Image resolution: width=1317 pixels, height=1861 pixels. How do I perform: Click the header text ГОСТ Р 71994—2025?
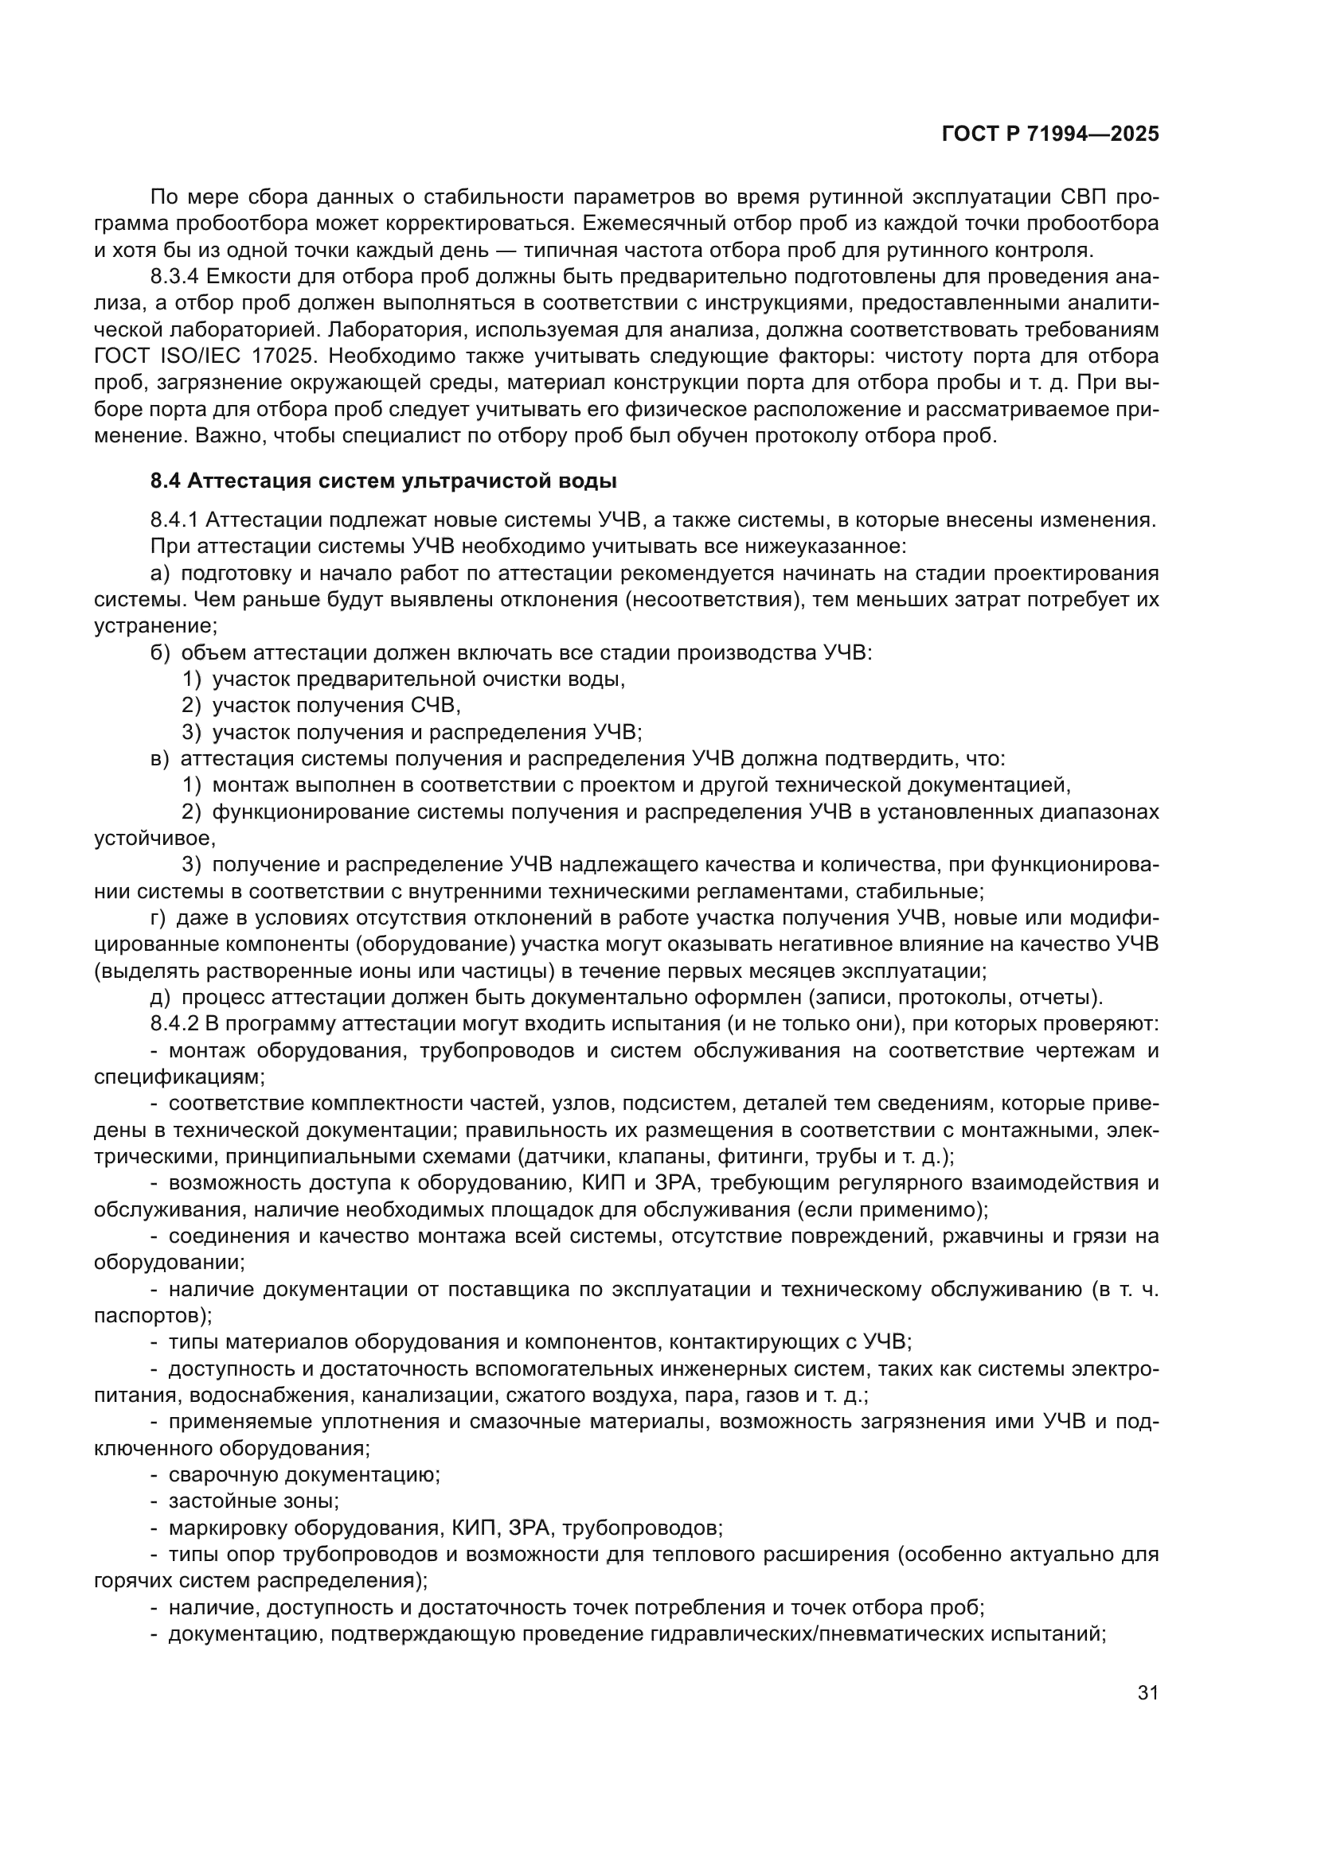1050,134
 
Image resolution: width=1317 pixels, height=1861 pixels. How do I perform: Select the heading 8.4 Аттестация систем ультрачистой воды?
384,481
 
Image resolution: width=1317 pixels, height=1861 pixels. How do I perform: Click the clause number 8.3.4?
174,277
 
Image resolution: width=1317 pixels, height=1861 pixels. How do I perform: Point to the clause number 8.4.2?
174,1024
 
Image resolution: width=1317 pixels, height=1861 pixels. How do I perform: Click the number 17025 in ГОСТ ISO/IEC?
288,356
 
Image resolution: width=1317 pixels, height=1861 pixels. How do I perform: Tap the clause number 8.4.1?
174,520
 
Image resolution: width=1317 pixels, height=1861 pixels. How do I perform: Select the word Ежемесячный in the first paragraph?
639,223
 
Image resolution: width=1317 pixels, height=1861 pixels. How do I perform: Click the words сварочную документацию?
303,1474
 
